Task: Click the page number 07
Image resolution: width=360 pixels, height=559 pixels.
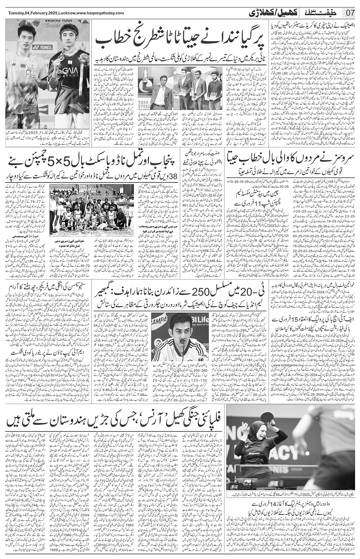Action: [350, 13]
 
